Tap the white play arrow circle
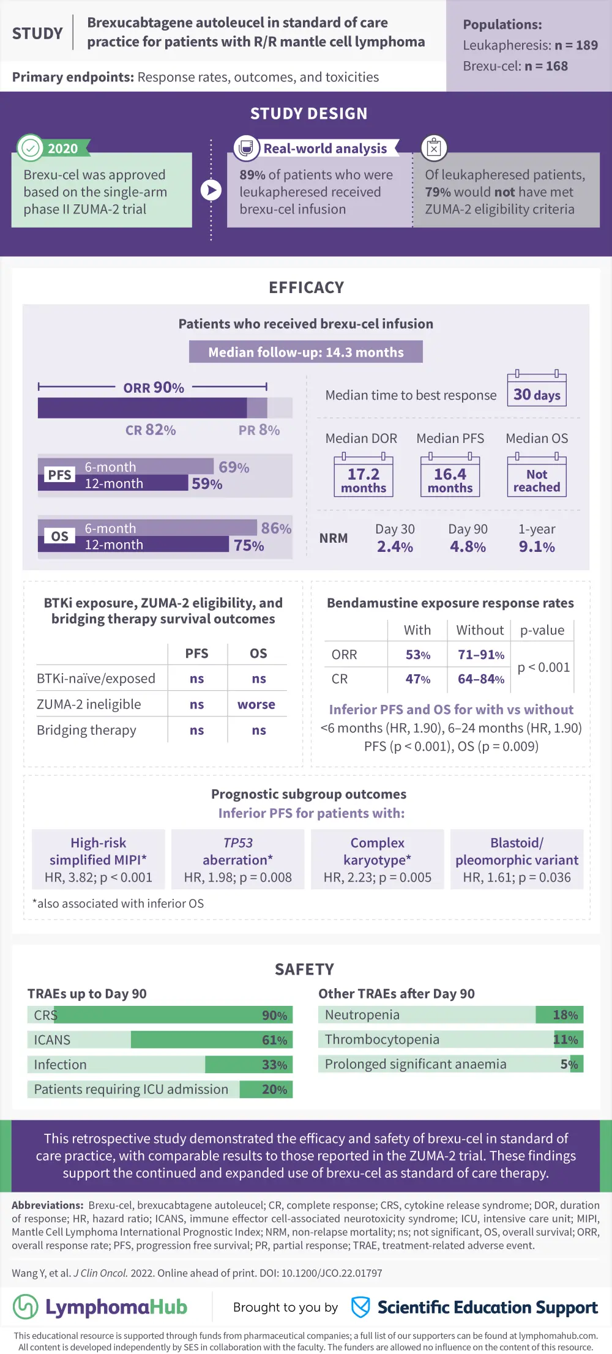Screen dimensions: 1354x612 [x=211, y=190]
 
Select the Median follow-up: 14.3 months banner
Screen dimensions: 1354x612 [x=305, y=352]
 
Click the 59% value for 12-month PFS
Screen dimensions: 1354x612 [x=207, y=484]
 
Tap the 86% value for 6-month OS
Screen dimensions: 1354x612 [x=276, y=528]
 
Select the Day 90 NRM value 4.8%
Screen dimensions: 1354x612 [x=468, y=546]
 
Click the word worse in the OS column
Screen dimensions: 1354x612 [x=256, y=704]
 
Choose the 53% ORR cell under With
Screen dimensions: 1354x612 [x=418, y=655]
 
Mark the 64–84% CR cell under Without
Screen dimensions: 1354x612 [x=481, y=679]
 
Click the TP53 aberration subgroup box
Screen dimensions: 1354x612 [x=237, y=860]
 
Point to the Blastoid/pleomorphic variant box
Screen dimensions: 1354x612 [x=517, y=860]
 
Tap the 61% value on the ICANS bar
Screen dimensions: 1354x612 [x=274, y=1040]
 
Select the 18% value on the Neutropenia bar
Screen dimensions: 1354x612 [x=565, y=1015]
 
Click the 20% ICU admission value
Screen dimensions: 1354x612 [x=274, y=1090]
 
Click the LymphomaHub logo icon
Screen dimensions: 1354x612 [x=26, y=1307]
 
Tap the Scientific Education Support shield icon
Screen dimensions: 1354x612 [x=360, y=1307]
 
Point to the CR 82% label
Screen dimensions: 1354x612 [x=151, y=430]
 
